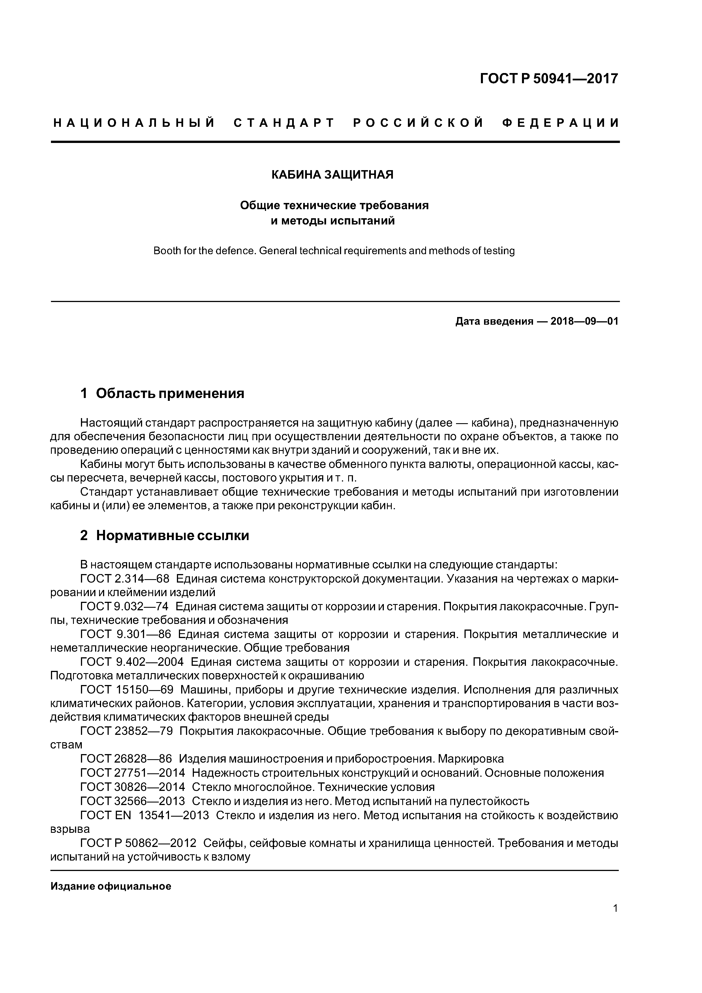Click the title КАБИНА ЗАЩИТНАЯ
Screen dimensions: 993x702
coord(332,175)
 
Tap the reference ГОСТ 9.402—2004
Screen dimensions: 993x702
coord(132,662)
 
